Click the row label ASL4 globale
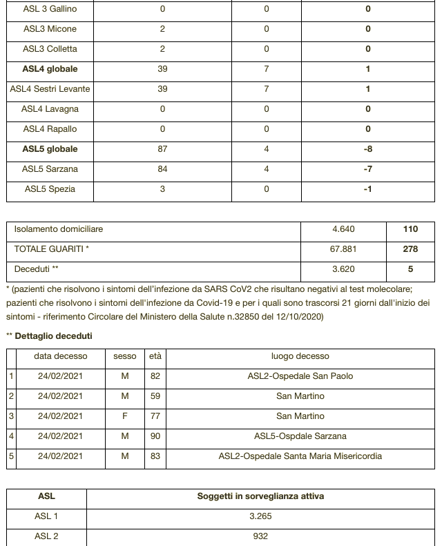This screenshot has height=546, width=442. point(50,69)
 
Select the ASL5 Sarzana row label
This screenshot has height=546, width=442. point(50,169)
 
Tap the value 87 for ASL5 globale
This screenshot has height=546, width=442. point(162,149)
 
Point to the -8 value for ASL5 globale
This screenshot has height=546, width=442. point(367,149)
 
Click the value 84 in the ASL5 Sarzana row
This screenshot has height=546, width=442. point(162,169)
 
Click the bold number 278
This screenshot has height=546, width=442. point(410,249)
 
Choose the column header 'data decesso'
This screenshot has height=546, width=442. point(61,356)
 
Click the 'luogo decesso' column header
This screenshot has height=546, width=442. point(300,356)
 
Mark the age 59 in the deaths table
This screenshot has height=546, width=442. point(155,396)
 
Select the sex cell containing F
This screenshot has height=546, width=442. point(125,416)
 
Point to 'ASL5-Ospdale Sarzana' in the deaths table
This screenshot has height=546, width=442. point(300,436)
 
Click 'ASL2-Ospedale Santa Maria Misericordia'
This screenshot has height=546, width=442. point(300,456)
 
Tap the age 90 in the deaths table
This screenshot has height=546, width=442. point(155,436)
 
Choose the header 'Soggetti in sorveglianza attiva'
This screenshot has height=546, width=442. point(260,496)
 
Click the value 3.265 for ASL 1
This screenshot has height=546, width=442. point(260,516)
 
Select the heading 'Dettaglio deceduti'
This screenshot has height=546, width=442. point(53,336)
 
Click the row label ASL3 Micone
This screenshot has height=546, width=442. point(50,29)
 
